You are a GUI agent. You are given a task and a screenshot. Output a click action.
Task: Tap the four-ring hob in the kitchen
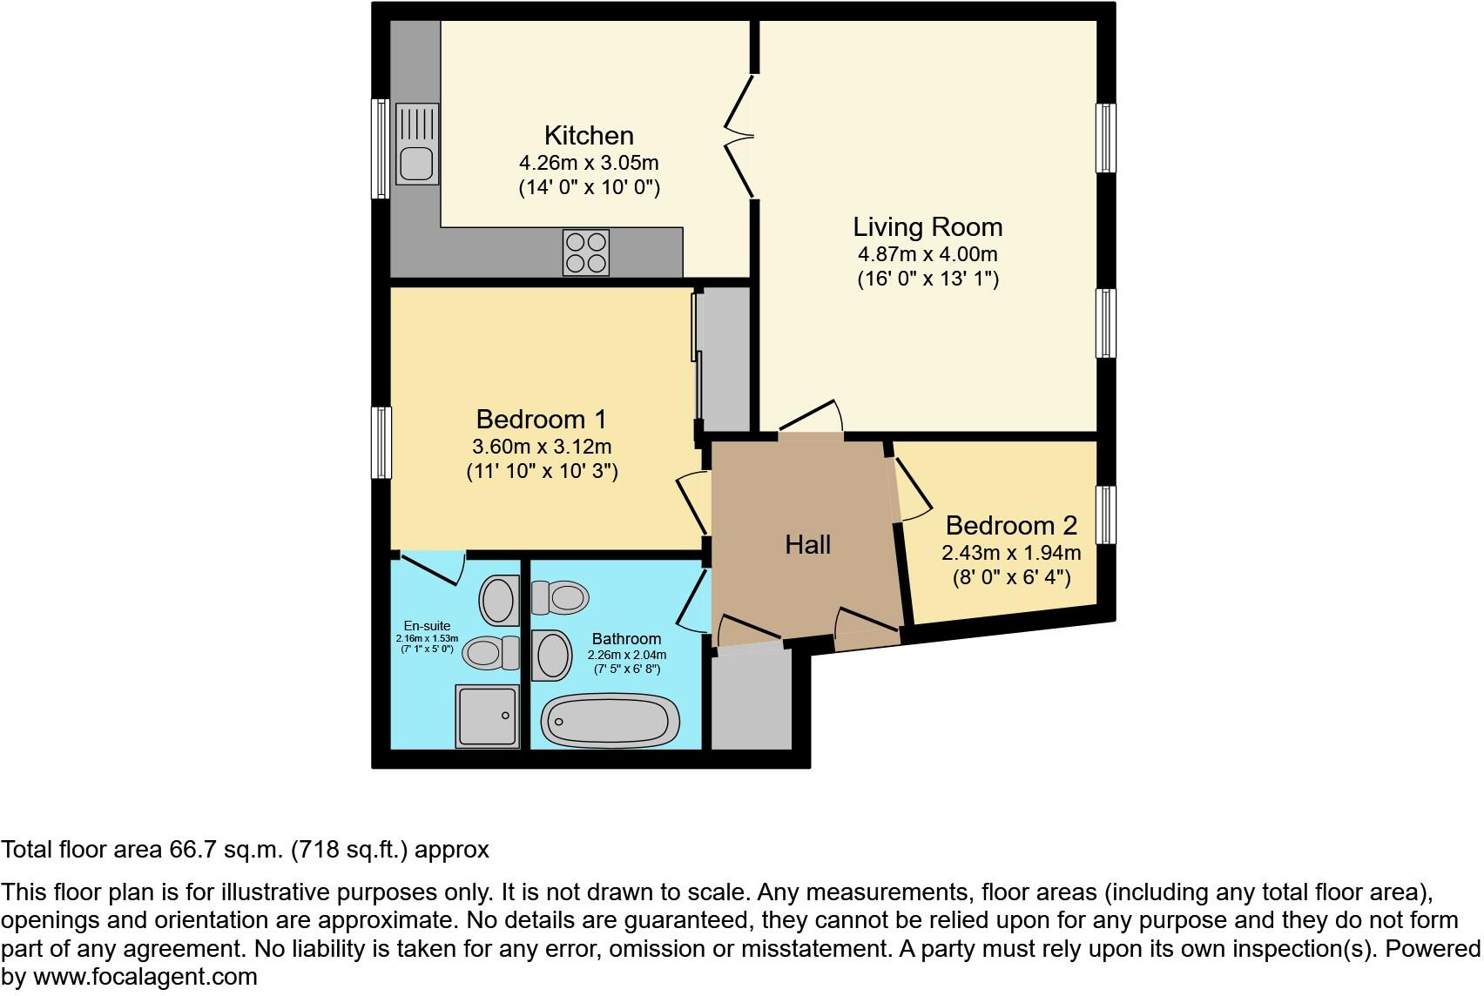(585, 252)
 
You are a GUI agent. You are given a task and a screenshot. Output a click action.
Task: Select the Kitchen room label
(589, 136)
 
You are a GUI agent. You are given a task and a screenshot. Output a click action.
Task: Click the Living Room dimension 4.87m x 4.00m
(927, 255)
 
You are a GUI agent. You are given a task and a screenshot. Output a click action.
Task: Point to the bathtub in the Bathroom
(610, 721)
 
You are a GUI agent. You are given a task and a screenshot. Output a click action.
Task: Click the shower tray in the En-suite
(487, 716)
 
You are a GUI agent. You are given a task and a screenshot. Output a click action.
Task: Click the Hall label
(807, 545)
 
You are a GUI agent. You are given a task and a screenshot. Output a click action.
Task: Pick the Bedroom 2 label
(1011, 526)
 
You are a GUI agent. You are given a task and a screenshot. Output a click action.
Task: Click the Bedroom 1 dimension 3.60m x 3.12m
(542, 448)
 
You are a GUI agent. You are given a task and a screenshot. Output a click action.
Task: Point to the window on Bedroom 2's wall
(1105, 515)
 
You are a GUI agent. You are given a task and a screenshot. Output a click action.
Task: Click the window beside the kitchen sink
(381, 148)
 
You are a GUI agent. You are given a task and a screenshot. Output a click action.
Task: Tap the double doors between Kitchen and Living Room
(740, 136)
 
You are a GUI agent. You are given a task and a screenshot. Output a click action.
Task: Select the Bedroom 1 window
(381, 442)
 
